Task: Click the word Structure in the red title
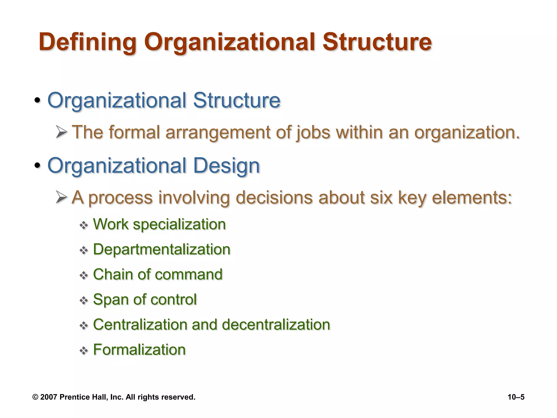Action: [x=377, y=42]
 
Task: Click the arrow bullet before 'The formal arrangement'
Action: [x=61, y=132]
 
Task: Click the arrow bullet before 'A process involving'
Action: [x=61, y=197]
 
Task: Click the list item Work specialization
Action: [x=159, y=225]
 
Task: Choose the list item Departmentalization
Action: [x=162, y=249]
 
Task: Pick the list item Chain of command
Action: [x=158, y=274]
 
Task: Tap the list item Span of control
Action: [x=145, y=299]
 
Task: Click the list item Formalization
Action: [x=139, y=350]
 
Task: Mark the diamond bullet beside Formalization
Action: [x=83, y=351]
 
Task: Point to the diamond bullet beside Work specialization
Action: [x=83, y=225]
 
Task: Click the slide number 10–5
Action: [x=516, y=397]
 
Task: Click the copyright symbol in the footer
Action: [x=35, y=397]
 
